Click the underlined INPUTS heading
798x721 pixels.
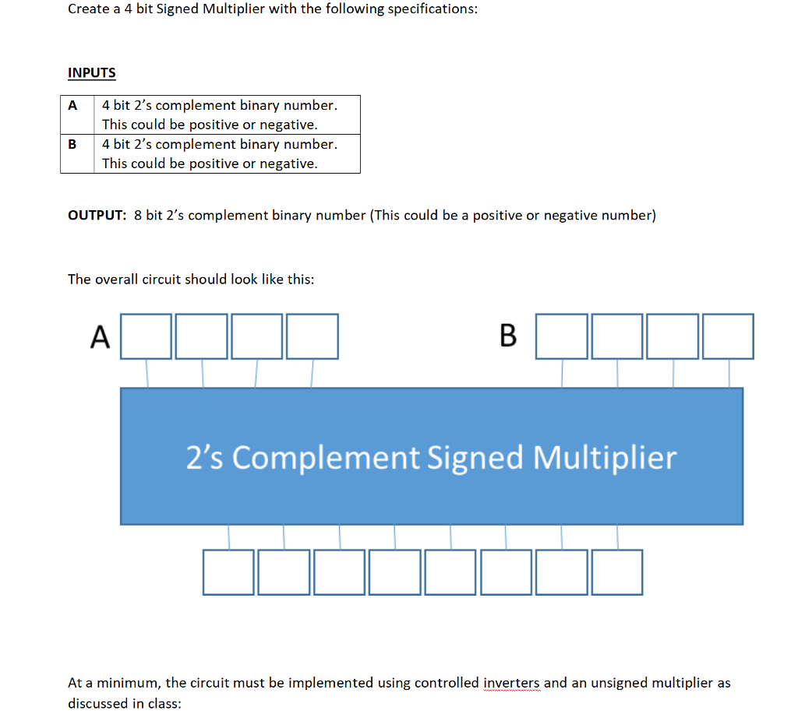click(x=91, y=73)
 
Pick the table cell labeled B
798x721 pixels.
click(x=72, y=144)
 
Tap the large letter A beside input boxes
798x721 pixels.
click(x=100, y=337)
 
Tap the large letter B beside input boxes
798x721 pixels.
click(x=507, y=336)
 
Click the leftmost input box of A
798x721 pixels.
click(x=146, y=336)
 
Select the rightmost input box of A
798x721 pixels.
click(x=312, y=336)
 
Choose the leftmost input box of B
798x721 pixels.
click(x=562, y=336)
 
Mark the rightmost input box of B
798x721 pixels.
click(x=728, y=336)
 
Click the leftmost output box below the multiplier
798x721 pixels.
click(x=228, y=572)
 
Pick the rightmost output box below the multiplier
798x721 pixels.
click(x=617, y=572)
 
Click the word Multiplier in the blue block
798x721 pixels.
click(x=605, y=457)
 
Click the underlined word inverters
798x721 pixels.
click(x=511, y=683)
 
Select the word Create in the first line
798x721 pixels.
click(x=89, y=10)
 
